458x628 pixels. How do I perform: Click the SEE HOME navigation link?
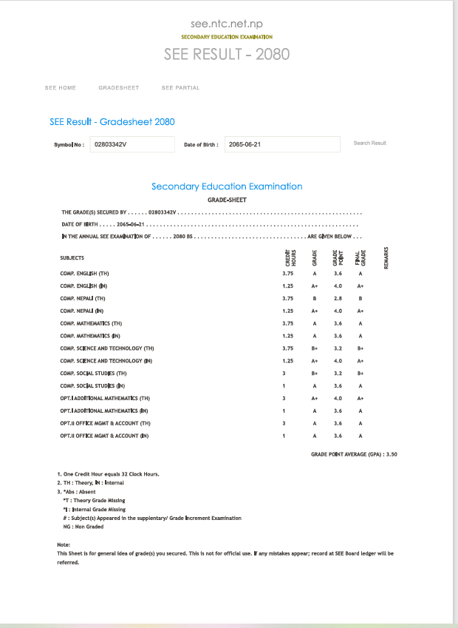[61, 88]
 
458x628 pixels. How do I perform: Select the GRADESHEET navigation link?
[118, 88]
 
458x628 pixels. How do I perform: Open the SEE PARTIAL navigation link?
[180, 88]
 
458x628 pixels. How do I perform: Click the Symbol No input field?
[131, 144]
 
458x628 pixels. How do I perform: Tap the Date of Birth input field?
[281, 144]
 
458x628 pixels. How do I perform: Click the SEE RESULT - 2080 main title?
[227, 54]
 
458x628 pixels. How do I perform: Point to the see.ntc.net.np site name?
[227, 24]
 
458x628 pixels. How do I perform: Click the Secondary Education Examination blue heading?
[227, 186]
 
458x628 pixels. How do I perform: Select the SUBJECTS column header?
[72, 258]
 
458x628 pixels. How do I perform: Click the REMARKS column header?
[386, 257]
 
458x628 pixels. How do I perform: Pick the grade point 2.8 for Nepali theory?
[338, 298]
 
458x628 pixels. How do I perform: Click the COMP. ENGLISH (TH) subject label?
[84, 274]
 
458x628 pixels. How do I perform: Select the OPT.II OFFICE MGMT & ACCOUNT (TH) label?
[106, 423]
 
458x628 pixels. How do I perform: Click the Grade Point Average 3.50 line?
[354, 454]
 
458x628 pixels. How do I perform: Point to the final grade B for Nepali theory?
[360, 298]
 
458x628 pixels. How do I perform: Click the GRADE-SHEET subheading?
[227, 200]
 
